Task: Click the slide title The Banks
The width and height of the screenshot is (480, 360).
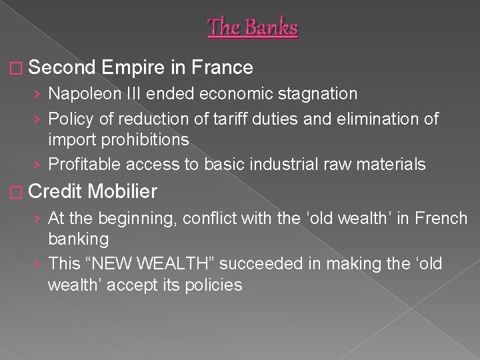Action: (253, 27)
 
